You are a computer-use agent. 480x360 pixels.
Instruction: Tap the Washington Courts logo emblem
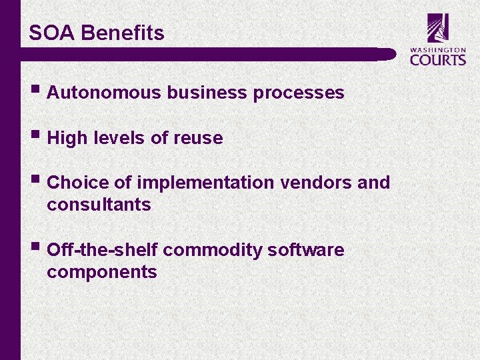tap(438, 28)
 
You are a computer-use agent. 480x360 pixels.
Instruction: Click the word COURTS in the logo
tap(438, 59)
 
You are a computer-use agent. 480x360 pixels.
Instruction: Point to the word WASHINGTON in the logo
tap(438, 49)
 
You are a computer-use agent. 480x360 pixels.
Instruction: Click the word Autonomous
tap(105, 93)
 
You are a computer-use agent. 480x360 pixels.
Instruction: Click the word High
tap(67, 138)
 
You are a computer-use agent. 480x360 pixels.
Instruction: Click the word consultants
tap(99, 205)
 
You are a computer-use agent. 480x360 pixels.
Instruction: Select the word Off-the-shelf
tap(103, 250)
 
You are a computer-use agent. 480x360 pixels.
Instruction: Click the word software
tap(305, 250)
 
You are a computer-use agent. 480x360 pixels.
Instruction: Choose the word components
tap(102, 272)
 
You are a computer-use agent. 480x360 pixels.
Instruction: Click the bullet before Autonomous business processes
tap(34, 91)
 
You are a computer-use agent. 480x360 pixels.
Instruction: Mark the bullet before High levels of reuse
tap(34, 137)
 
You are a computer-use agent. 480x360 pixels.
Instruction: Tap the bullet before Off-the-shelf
tap(34, 249)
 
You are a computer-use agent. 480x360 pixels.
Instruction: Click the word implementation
tap(205, 183)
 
